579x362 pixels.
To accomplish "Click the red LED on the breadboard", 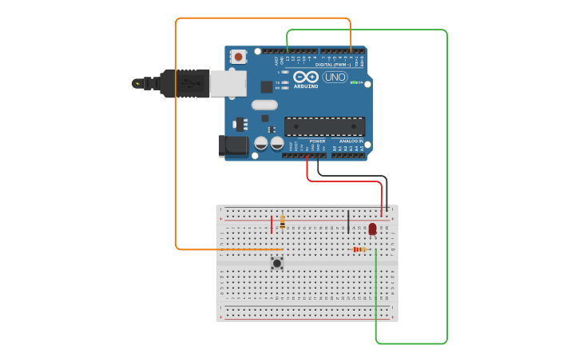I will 372,229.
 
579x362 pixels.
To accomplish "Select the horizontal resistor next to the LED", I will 360,249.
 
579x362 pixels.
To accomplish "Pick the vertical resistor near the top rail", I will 282,223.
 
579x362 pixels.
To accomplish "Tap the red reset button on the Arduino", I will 238,57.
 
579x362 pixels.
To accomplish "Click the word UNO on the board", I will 335,78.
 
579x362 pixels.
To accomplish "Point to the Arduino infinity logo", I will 306,78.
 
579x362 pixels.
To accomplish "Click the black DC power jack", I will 233,145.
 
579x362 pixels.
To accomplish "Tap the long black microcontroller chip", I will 324,126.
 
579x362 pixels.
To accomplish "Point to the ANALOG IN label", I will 351,141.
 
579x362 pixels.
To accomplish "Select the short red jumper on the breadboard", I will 272,224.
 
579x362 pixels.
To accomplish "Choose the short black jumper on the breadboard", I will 348,221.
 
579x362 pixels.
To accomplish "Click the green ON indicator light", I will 354,82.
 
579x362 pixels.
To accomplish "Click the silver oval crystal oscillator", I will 264,105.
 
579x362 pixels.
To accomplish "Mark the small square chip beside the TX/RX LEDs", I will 267,86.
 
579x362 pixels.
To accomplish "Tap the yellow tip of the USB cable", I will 137,83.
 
